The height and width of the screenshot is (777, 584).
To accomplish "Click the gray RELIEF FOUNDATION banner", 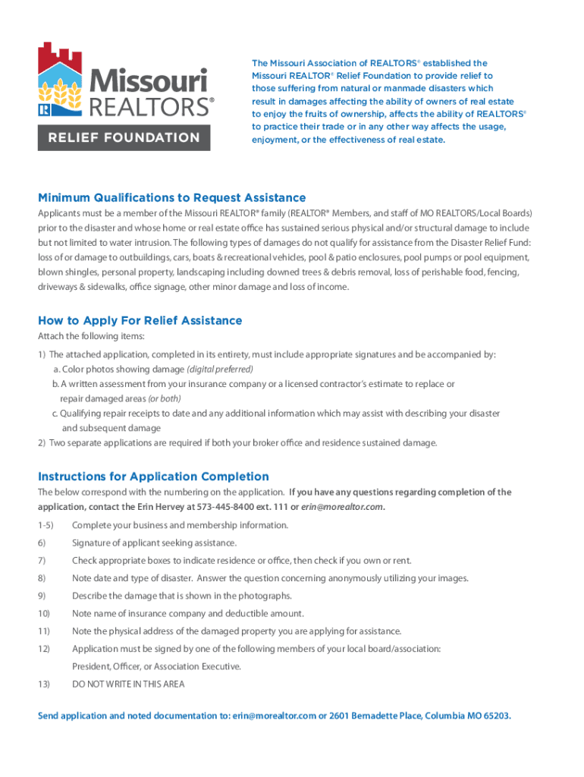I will (124, 137).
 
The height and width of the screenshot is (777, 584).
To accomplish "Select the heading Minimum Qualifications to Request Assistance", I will (172, 198).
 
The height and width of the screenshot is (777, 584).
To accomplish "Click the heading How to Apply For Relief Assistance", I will (140, 320).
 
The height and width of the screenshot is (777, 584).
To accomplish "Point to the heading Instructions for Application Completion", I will (153, 477).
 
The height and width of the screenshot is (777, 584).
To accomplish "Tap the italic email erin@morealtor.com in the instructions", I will (342, 507).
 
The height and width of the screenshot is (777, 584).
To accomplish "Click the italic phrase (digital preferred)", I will (220, 369).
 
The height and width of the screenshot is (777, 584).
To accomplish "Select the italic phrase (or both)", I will (164, 398).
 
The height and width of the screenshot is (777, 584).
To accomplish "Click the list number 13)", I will (44, 684).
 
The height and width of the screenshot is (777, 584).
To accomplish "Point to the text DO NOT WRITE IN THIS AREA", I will (128, 684).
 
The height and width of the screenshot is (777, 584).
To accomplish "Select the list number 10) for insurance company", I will (44, 613).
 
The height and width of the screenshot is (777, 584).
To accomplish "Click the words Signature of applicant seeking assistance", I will (154, 543).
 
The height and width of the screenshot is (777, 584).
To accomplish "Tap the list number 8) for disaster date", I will (42, 578).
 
